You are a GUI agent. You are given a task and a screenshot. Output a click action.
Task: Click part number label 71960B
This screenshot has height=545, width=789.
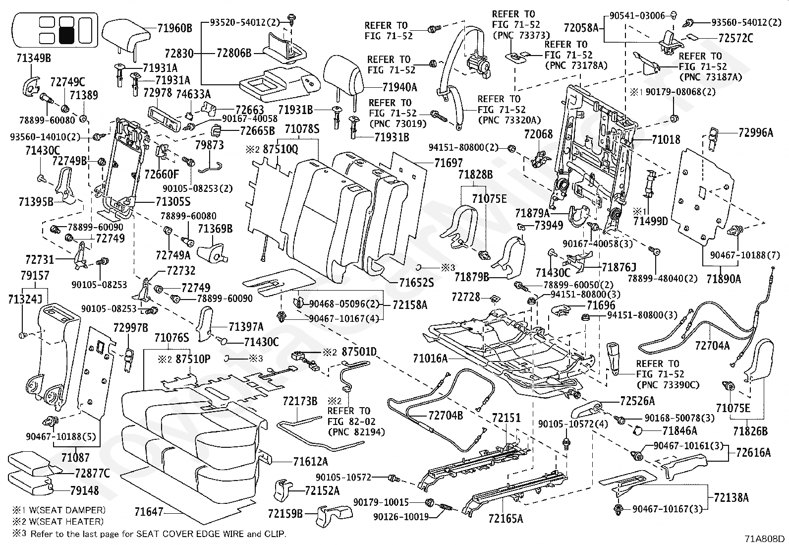[x=175, y=28]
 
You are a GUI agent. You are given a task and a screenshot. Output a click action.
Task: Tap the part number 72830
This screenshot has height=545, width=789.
[x=179, y=54]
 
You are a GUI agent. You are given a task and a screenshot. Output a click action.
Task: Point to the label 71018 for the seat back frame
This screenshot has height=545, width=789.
[x=666, y=140]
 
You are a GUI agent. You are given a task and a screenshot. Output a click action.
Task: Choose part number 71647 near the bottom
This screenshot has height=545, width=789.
[x=149, y=511]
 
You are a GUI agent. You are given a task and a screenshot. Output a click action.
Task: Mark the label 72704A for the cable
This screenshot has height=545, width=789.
[x=712, y=346]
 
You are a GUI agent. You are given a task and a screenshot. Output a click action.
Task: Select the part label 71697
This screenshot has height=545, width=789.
[x=448, y=163]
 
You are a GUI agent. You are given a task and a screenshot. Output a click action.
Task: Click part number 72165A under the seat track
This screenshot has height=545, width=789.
[x=506, y=519]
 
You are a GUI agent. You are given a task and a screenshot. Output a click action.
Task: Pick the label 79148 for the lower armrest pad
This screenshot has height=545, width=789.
[x=84, y=490]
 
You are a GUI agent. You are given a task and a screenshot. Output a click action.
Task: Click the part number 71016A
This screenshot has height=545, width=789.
[x=430, y=359]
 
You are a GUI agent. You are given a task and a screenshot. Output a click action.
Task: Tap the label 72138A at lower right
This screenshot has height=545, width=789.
[x=731, y=497]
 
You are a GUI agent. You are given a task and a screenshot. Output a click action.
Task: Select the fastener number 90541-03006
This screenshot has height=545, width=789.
[x=637, y=15]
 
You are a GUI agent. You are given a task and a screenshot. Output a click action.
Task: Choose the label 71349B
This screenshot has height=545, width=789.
[x=34, y=58]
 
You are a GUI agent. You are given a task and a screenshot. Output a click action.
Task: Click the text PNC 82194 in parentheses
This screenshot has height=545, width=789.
[x=356, y=432]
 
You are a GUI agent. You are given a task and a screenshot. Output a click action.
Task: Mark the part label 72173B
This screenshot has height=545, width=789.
[x=300, y=401]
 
